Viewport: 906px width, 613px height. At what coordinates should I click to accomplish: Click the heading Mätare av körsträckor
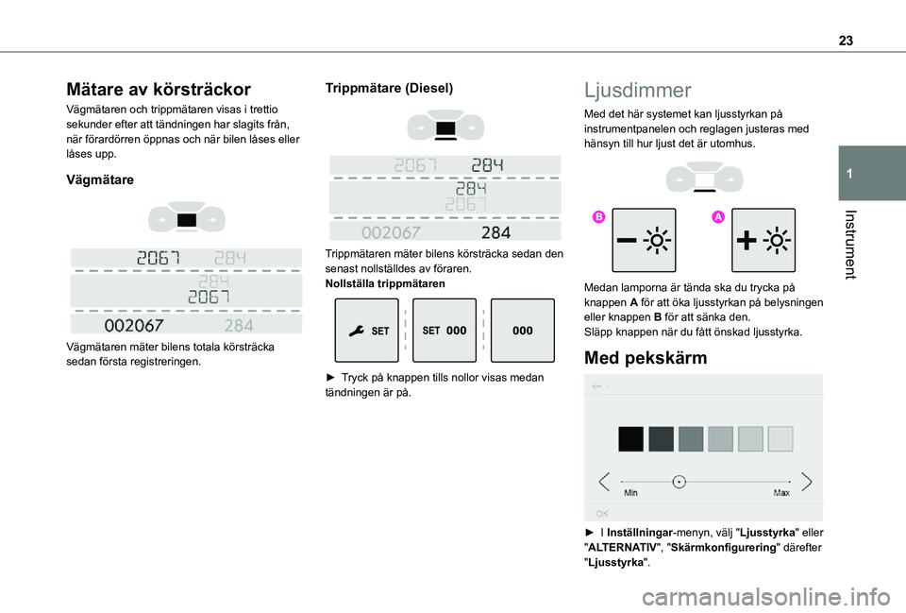(158, 90)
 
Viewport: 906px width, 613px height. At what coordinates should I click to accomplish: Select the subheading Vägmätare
(101, 179)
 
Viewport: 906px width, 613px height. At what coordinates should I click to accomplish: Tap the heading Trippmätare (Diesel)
(389, 88)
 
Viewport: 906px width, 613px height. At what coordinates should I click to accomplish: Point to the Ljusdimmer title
(637, 91)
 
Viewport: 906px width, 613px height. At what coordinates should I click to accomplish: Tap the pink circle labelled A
(717, 217)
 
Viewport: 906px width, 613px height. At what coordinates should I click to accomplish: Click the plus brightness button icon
(763, 241)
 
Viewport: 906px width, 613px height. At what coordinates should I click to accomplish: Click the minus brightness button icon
(644, 241)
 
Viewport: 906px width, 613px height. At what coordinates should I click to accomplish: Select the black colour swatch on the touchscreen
(630, 439)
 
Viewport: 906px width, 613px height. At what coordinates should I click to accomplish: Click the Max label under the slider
(782, 493)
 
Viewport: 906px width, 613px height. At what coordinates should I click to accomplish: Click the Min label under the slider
(630, 493)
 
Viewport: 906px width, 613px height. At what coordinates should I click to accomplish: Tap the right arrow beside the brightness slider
(806, 482)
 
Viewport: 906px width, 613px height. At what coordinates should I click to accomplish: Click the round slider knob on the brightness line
(679, 482)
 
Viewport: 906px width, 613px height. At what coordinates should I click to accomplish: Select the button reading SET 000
(445, 332)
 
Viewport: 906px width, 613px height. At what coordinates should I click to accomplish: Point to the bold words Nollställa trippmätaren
(385, 284)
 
